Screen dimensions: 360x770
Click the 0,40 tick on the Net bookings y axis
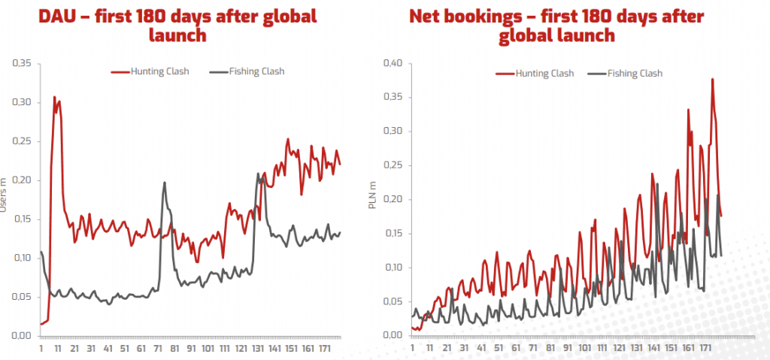click(x=394, y=63)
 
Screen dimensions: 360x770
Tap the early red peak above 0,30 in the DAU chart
click(x=54, y=98)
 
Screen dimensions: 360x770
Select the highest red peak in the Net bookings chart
click(x=712, y=80)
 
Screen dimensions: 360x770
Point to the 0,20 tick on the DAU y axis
click(x=23, y=180)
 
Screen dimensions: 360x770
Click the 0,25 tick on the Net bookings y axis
click(x=394, y=165)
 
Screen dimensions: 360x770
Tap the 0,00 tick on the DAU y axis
click(x=23, y=336)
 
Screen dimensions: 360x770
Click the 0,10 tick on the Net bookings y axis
click(x=394, y=268)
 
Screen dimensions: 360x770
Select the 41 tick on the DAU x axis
click(x=108, y=349)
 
